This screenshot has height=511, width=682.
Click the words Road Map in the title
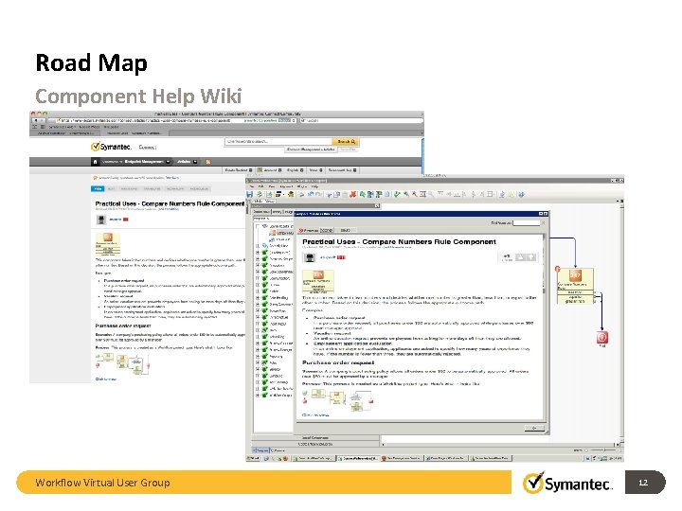tap(91, 63)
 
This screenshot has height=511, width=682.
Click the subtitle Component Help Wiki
tap(138, 97)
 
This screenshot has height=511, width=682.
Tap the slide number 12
tap(642, 483)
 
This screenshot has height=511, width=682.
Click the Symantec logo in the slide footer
tap(567, 484)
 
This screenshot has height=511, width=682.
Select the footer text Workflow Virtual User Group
tap(102, 483)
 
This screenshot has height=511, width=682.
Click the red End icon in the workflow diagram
tap(602, 337)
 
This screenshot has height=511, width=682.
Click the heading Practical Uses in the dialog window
tap(425, 242)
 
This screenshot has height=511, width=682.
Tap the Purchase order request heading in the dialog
tap(342, 361)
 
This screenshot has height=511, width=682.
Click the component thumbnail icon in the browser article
tap(106, 246)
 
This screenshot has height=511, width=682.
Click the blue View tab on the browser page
tap(98, 188)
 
